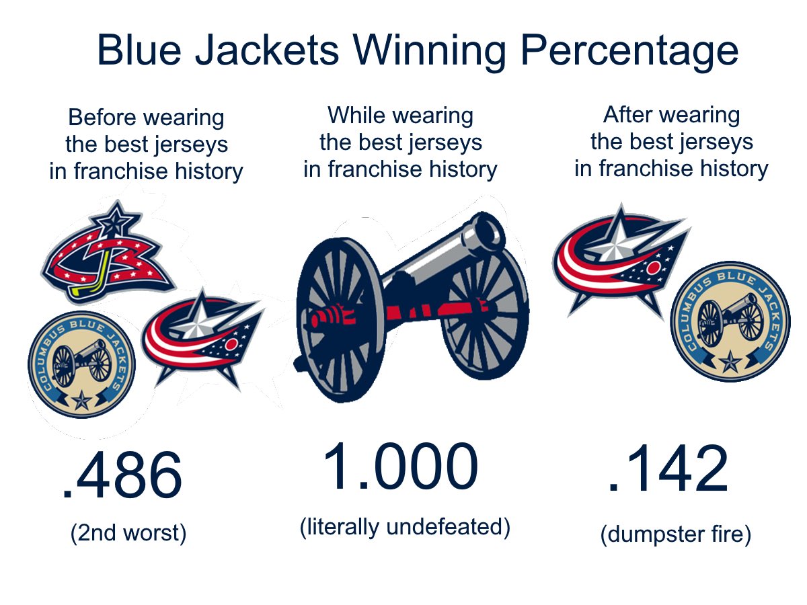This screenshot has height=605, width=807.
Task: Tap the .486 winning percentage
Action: (x=122, y=476)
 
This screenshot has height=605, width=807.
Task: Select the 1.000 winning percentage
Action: (x=401, y=468)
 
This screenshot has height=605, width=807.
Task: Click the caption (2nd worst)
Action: (x=128, y=533)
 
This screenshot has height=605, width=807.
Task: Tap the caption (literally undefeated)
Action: (x=405, y=526)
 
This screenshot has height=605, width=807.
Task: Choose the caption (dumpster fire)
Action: (x=675, y=535)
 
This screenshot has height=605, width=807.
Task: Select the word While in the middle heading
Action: (x=358, y=116)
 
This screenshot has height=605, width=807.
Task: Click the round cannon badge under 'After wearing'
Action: (x=730, y=321)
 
